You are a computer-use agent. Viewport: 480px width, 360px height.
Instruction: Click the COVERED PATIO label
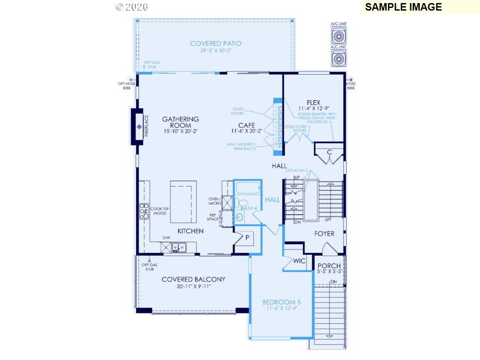216,43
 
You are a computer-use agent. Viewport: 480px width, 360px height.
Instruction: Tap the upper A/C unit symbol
339,36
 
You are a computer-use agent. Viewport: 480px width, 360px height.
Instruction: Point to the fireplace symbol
140,127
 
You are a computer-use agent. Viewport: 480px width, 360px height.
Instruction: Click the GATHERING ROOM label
180,122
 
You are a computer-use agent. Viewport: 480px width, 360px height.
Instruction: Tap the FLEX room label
313,103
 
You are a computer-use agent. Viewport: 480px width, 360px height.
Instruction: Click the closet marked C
329,152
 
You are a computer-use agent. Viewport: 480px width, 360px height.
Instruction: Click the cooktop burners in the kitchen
144,211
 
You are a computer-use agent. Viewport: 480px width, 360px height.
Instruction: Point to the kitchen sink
179,247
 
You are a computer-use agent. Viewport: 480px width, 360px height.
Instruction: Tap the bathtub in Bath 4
247,189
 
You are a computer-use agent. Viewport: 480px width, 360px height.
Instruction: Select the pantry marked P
247,238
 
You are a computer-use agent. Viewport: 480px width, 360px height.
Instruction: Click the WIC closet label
299,261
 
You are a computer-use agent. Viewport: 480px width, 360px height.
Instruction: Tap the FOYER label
324,233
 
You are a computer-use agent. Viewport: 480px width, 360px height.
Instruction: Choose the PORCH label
329,266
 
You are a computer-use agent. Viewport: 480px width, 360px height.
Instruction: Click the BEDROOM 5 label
282,302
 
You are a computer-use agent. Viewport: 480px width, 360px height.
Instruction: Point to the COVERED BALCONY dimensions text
193,286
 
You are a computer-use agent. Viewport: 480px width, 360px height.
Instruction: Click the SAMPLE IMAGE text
403,7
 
